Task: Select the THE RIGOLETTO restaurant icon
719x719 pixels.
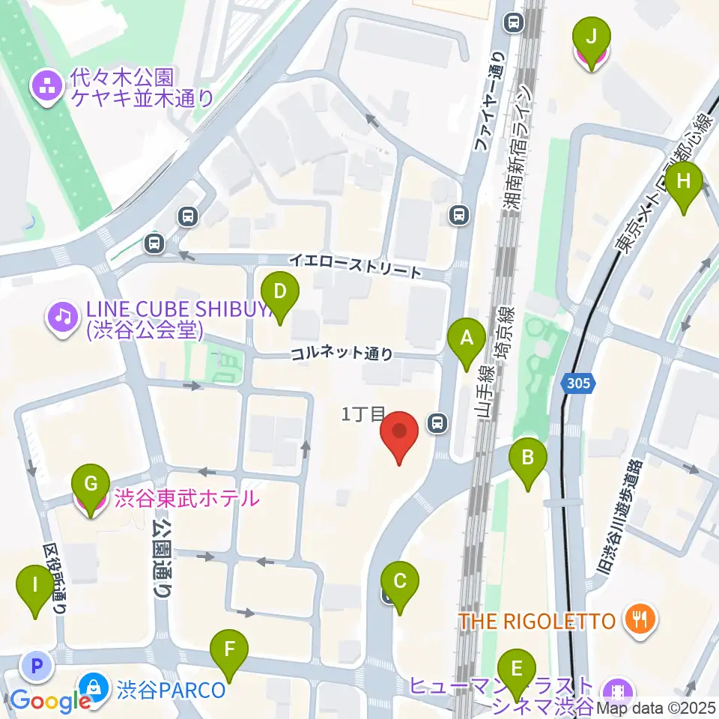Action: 643,619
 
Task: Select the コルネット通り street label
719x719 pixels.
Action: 342,354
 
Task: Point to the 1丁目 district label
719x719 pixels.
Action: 362,414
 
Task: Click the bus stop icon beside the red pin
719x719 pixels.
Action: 437,424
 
